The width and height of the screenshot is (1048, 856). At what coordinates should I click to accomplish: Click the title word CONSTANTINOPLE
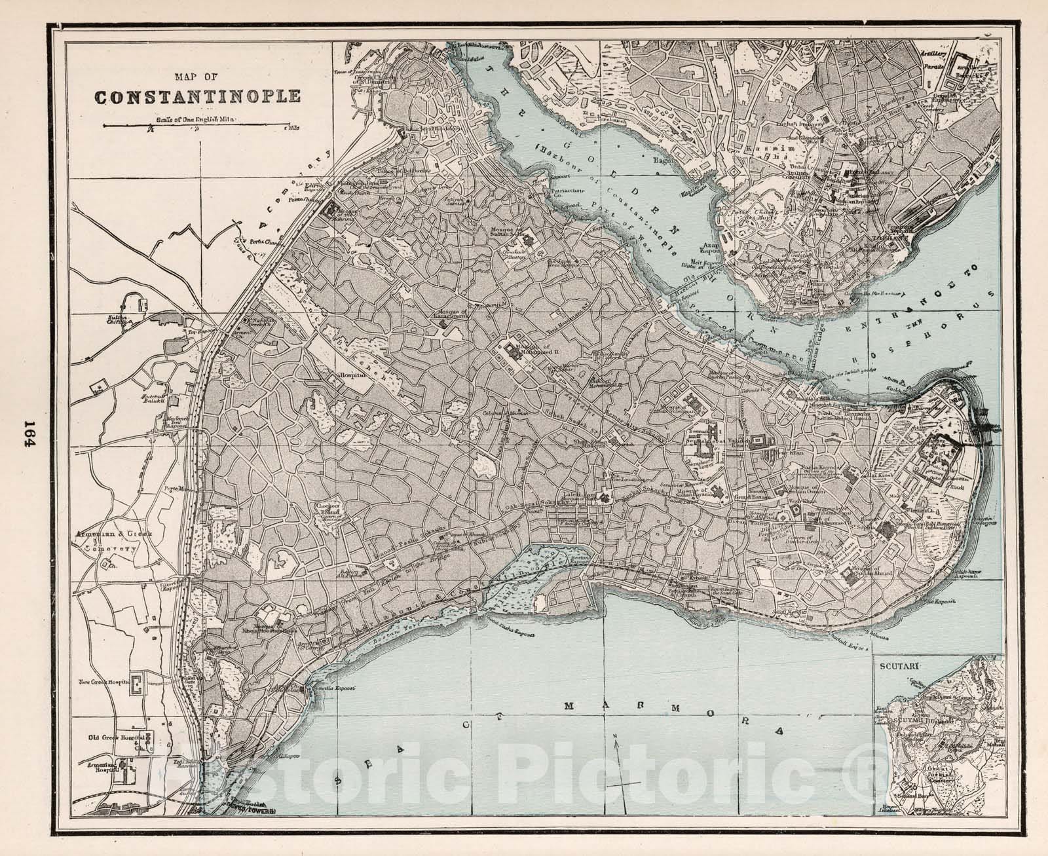[198, 98]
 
